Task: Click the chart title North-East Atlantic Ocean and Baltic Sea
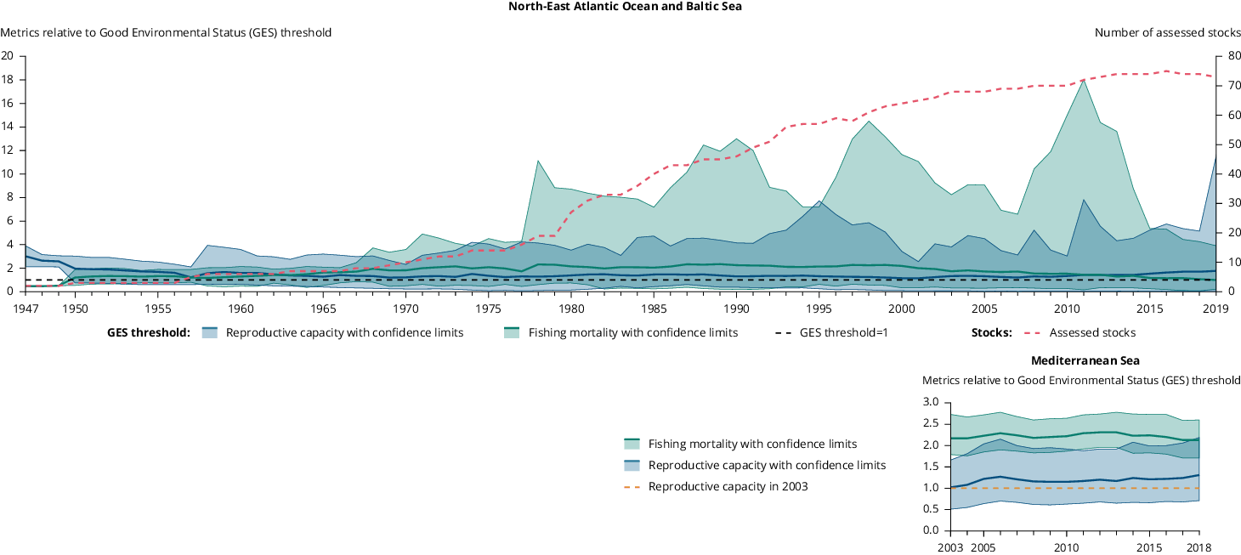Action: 620,6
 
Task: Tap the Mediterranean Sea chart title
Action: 1085,360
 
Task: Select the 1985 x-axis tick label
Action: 654,308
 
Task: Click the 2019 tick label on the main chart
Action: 1215,308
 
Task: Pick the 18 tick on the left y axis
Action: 8,80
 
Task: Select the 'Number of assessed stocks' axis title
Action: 1167,33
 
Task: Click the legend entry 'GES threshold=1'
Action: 843,332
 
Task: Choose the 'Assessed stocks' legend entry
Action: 1092,332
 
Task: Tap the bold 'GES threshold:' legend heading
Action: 148,332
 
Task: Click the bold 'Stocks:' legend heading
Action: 991,332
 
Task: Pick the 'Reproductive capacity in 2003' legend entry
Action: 728,487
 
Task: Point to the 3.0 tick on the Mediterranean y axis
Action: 930,402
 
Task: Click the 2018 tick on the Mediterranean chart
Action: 1198,547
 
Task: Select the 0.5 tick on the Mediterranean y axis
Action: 930,509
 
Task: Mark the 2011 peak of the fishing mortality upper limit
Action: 1083,81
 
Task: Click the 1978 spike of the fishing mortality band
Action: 538,161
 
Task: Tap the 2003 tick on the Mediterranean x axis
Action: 951,547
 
